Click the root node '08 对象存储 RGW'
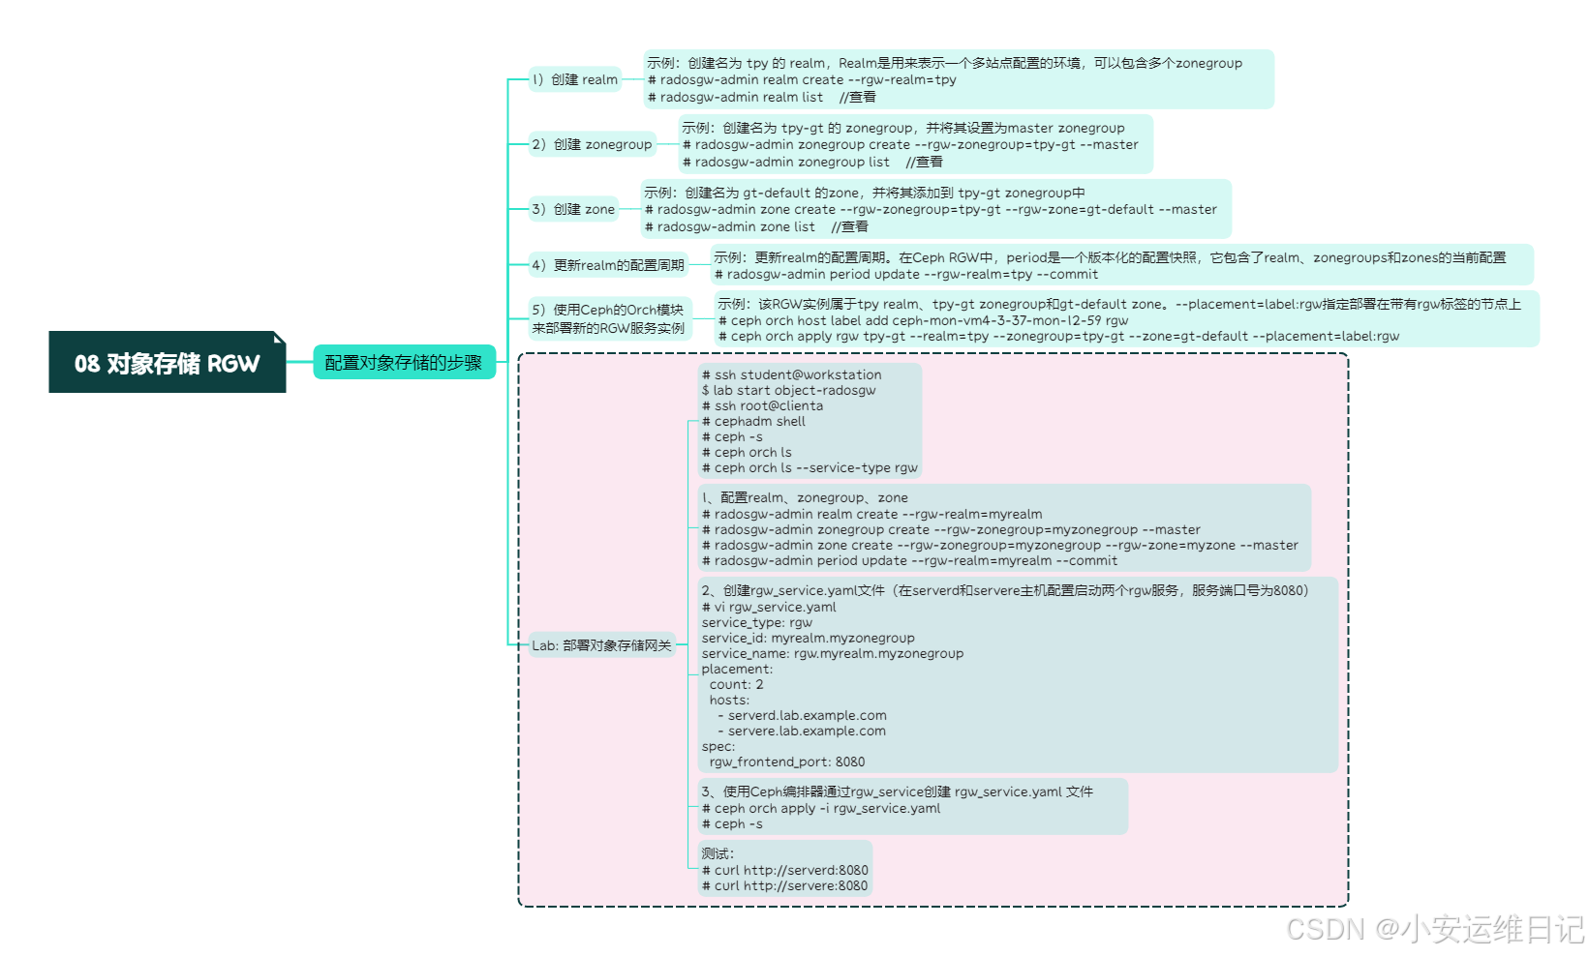pyautogui.click(x=167, y=363)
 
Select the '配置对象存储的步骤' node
pyautogui.click(x=404, y=363)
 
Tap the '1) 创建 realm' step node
pyautogui.click(x=574, y=79)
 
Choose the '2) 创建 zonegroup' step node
pyautogui.click(x=592, y=144)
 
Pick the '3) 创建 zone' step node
pyautogui.click(x=573, y=209)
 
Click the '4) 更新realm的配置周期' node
pyautogui.click(x=607, y=265)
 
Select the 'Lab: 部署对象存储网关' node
pyautogui.click(x=601, y=645)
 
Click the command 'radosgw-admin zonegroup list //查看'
pyautogui.click(x=811, y=162)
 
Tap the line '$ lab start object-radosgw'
pyautogui.click(x=788, y=390)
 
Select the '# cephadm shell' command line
pyautogui.click(x=753, y=421)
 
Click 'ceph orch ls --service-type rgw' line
pyautogui.click(x=810, y=467)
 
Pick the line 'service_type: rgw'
pyautogui.click(x=757, y=622)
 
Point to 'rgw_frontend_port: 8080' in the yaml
pyautogui.click(x=786, y=762)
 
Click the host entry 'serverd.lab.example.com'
pyautogui.click(x=807, y=715)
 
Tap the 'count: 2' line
pyautogui.click(x=736, y=684)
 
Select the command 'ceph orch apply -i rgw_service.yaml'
pyautogui.click(x=821, y=808)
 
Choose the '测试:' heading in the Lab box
pyautogui.click(x=718, y=853)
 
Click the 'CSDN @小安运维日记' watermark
pyautogui.click(x=1434, y=929)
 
